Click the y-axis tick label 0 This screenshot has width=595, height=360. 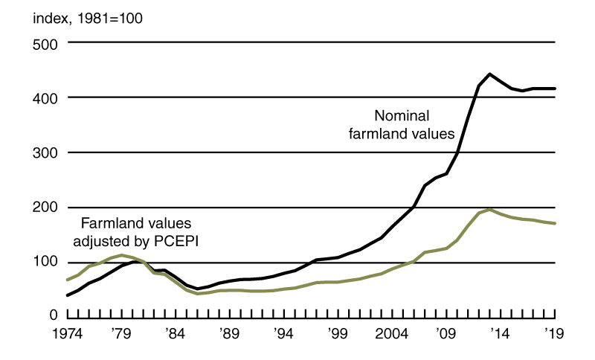(53, 317)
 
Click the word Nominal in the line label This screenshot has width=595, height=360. (402, 116)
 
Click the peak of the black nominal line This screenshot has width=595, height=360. (489, 74)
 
